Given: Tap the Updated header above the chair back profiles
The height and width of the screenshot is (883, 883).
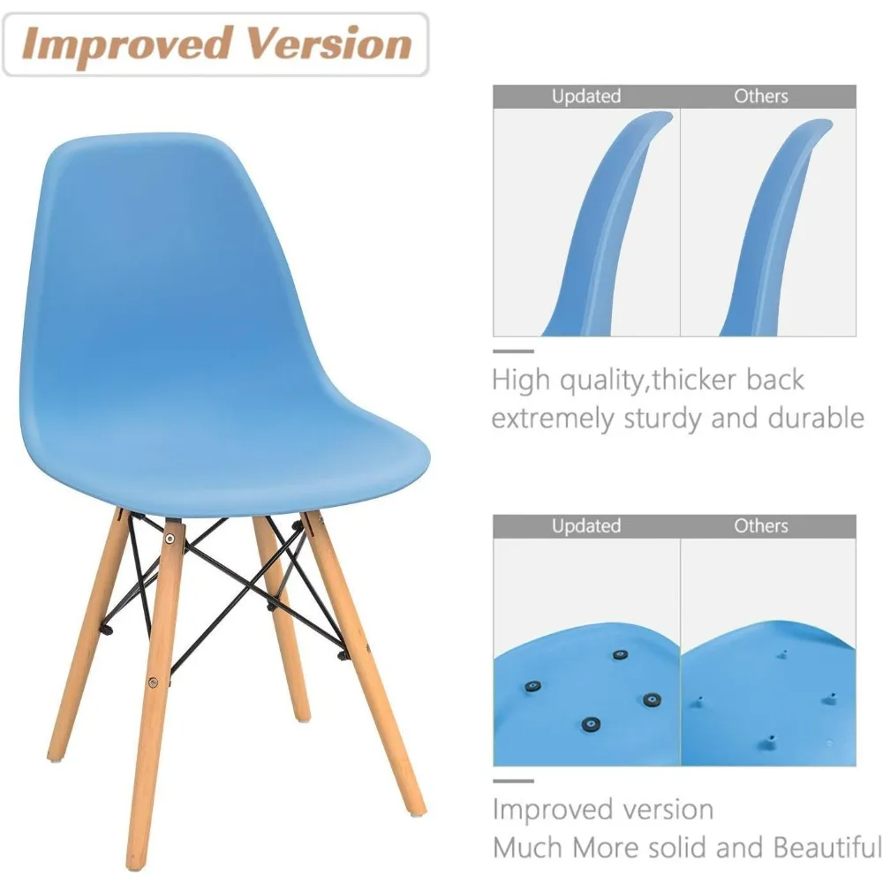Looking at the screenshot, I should [586, 96].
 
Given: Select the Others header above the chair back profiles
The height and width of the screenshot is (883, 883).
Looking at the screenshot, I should [761, 96].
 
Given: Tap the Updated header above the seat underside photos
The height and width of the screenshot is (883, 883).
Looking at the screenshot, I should [586, 526].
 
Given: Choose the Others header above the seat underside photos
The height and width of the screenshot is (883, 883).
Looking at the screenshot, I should [761, 526].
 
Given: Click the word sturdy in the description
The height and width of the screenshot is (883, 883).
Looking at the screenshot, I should [658, 418].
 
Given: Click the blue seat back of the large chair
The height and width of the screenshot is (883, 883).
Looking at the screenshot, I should [177, 265].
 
